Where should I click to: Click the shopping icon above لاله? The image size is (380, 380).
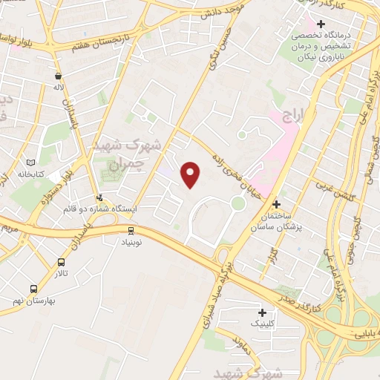tap(58, 75)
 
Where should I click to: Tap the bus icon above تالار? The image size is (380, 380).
tap(61, 262)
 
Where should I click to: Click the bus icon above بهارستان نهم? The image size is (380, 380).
tap(33, 289)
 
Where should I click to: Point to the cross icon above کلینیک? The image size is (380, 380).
tap(261, 312)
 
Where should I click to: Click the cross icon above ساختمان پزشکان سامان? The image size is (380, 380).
tap(276, 203)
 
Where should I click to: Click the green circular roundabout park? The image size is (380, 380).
tap(237, 203)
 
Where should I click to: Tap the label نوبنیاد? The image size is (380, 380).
tap(131, 242)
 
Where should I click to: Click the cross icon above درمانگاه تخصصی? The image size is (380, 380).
tap(320, 24)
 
